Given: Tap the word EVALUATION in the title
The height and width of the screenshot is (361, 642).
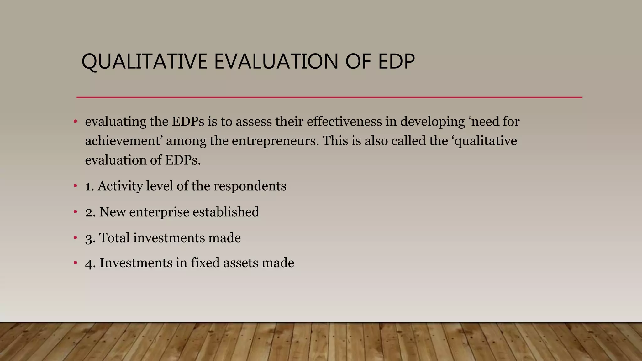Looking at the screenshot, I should click(x=276, y=61).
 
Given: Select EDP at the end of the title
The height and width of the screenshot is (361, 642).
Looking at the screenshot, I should click(x=396, y=61).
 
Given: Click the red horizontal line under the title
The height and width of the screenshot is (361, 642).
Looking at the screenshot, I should click(x=329, y=97).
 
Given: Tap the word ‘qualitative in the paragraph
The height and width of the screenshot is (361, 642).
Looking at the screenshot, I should click(x=484, y=141).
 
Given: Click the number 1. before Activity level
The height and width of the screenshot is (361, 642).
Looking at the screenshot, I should click(x=90, y=186).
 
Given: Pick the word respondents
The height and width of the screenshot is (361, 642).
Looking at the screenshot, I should click(x=250, y=186).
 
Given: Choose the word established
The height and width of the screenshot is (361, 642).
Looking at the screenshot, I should click(x=226, y=212).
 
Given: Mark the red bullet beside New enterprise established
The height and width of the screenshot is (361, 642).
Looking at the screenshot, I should click(x=75, y=212).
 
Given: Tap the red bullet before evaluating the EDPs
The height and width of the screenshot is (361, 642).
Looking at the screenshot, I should click(x=75, y=122).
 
